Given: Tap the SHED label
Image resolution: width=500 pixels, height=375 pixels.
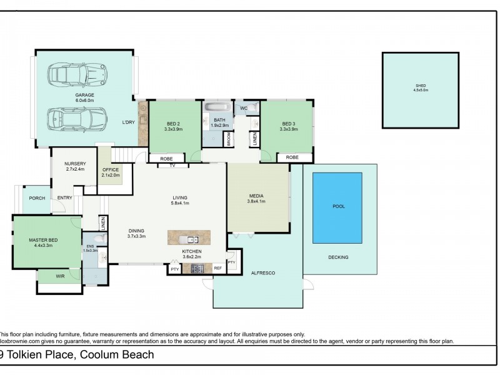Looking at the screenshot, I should (421, 86).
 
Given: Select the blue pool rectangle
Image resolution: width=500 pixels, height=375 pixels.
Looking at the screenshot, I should (337, 208).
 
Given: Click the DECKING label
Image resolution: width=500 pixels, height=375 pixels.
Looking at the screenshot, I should (338, 257).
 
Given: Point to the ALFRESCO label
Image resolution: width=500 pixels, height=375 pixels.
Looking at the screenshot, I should (263, 273).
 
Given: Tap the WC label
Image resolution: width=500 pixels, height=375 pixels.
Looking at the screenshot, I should (244, 108).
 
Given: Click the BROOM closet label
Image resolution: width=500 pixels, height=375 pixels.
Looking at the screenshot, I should (229, 139).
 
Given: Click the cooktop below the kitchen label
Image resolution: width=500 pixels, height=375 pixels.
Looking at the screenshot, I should (197, 269).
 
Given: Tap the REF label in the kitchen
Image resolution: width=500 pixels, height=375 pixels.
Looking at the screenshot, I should (217, 268).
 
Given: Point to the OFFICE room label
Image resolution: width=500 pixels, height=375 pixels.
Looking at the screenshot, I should (110, 169).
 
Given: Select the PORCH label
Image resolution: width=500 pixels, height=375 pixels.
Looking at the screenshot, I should (37, 198).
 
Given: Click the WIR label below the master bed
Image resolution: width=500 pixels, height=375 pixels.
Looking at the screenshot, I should (61, 276).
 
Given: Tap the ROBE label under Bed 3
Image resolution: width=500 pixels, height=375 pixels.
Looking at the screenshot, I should (292, 157).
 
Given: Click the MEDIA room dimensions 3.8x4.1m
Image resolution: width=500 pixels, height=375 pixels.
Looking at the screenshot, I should (257, 201).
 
